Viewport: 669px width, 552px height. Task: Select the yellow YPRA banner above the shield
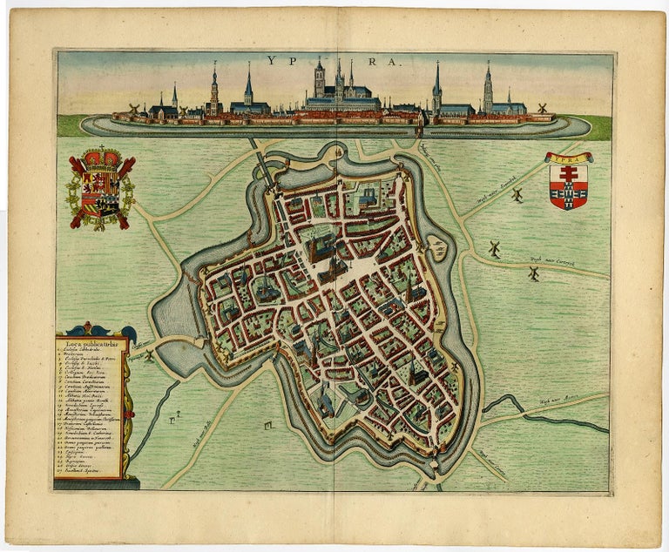[568, 158]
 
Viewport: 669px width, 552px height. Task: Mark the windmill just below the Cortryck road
[534, 274]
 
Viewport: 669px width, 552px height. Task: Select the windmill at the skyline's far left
[135, 109]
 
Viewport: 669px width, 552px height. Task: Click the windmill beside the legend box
[149, 355]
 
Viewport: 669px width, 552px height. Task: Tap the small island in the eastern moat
[437, 249]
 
